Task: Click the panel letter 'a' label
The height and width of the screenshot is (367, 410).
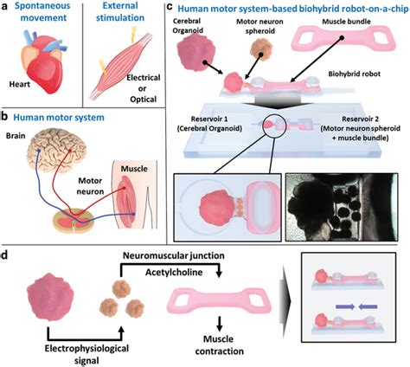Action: pyautogui.click(x=5, y=7)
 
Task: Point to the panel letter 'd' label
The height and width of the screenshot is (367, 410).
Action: pyautogui.click(x=6, y=256)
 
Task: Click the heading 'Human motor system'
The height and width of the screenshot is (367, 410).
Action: pyautogui.click(x=61, y=117)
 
